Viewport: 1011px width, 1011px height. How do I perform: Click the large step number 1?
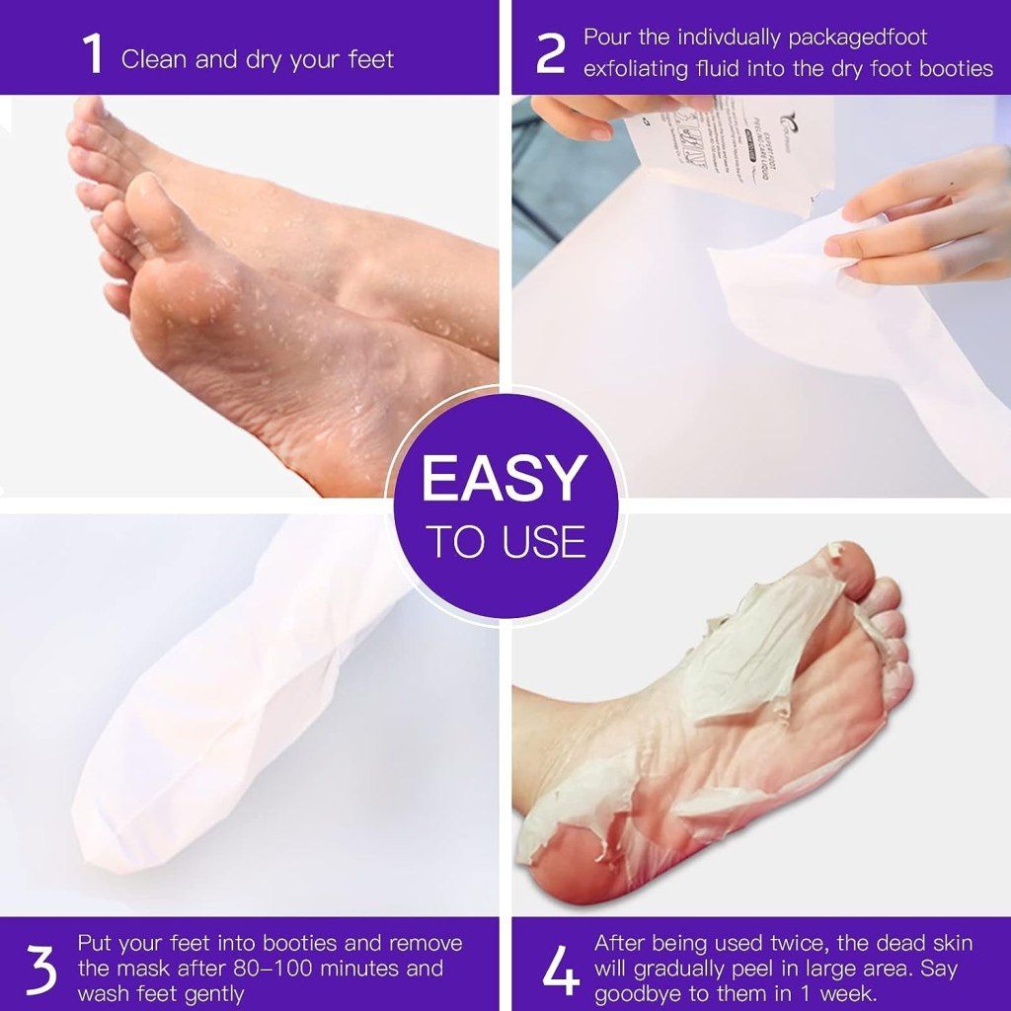coord(94,55)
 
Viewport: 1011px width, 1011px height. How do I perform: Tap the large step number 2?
coord(550,55)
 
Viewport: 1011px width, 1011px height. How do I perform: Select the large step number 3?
coord(40,971)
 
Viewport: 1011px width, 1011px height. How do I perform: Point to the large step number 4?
coord(560,971)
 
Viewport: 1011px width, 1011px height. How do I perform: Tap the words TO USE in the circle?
coord(505,542)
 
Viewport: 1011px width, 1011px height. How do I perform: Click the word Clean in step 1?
coord(154,59)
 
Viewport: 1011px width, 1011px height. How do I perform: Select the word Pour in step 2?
coord(605,38)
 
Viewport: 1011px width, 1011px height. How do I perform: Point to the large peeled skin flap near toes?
coord(750,642)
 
